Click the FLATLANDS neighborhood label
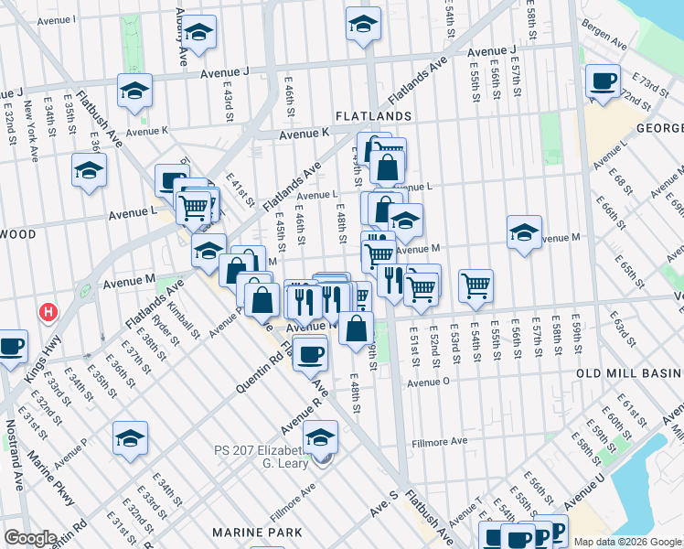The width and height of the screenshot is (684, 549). (x=373, y=117)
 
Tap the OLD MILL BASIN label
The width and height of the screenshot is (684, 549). (x=630, y=374)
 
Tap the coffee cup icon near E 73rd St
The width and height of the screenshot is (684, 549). (x=603, y=81)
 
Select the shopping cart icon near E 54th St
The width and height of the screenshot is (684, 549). (x=476, y=285)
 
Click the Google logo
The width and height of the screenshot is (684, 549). (x=30, y=538)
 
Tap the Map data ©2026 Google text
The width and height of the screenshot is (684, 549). (x=627, y=542)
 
